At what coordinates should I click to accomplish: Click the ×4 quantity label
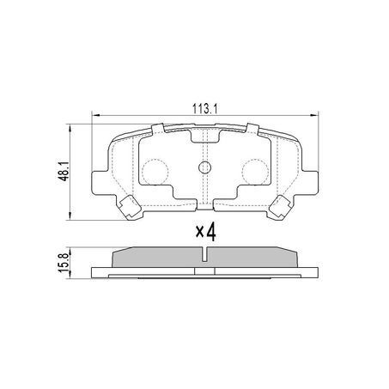[x=204, y=231]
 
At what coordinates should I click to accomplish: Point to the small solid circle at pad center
[x=204, y=168]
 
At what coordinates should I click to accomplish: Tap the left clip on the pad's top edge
[x=157, y=131]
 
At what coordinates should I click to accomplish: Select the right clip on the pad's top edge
[x=252, y=131]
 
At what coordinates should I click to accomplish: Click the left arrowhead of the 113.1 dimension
[x=95, y=117]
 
